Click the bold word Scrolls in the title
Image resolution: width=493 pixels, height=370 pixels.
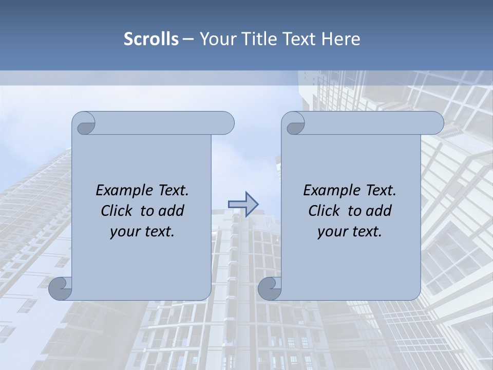coord(151,39)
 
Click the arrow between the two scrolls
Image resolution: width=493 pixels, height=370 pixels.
coord(243,204)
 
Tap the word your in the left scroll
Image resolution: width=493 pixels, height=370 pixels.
coord(124,232)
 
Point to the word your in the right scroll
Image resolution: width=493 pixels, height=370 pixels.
coord(331,232)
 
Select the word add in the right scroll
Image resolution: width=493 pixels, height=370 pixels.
coord(380,211)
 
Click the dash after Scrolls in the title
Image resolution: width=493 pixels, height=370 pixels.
coord(188,39)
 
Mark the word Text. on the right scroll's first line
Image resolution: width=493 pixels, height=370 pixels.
coord(381,191)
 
